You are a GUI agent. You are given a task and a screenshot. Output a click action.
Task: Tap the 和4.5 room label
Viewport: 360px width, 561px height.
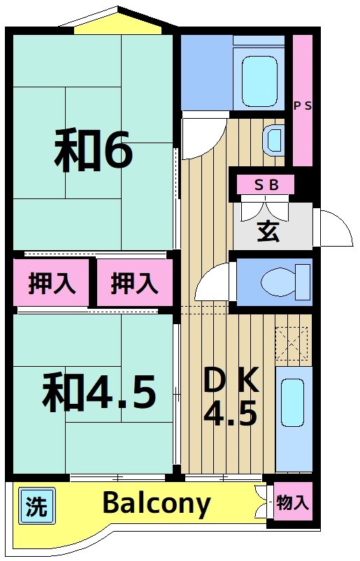coord(98,392)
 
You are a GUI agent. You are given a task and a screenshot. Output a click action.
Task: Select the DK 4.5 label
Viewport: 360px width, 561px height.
coord(231,397)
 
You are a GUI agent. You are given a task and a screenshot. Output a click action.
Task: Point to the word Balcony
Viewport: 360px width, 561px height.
coord(157,503)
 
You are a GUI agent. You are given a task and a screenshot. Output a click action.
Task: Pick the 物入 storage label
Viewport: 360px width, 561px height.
coord(291,503)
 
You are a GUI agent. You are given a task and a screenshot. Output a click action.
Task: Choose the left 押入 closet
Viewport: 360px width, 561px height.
coord(52,284)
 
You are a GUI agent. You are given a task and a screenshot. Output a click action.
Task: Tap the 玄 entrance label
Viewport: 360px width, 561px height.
coord(268,231)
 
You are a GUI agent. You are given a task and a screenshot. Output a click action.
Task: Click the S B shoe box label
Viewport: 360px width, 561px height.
coord(266,185)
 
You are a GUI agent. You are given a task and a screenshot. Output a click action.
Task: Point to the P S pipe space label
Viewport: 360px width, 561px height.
coord(302,106)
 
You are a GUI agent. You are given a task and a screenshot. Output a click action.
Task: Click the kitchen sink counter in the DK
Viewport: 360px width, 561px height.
coord(294,417)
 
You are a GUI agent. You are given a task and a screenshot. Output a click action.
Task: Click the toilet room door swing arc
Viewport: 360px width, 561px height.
coord(214,282)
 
